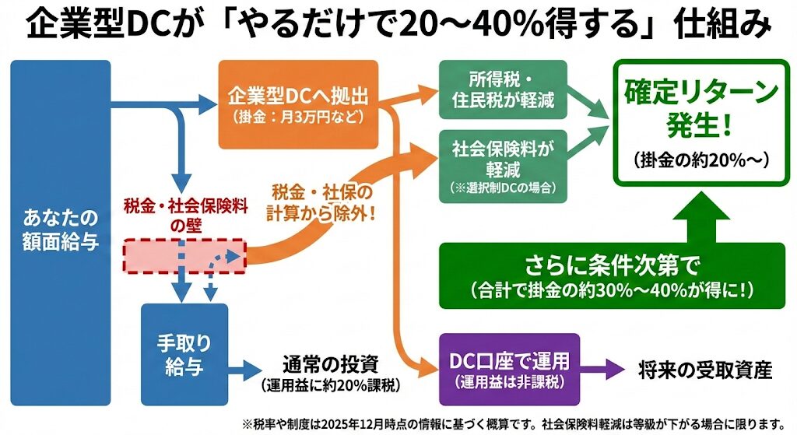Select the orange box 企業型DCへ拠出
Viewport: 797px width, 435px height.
point(298,103)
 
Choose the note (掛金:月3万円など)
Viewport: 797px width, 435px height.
point(298,118)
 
